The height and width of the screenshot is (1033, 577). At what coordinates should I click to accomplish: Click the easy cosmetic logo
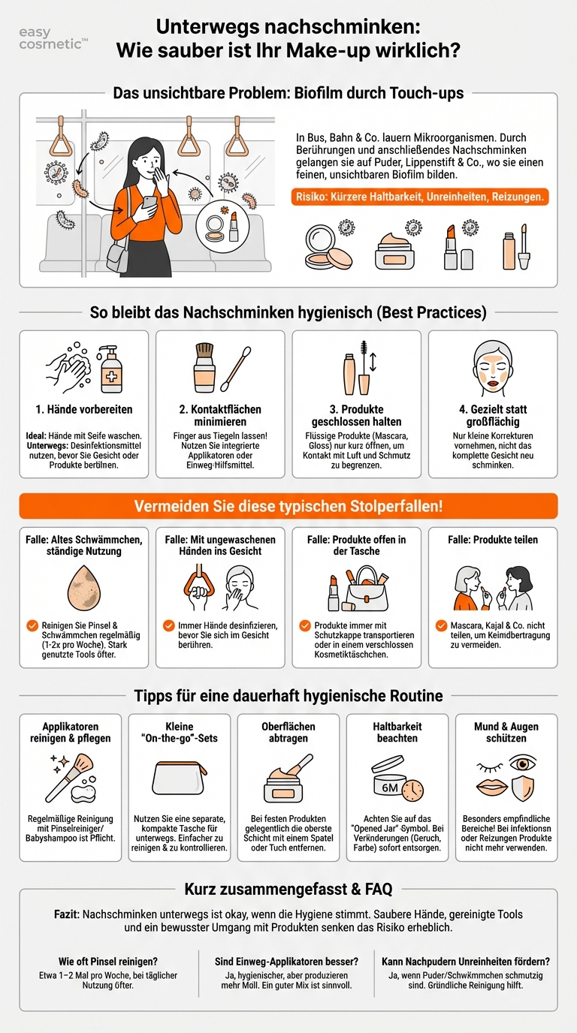coord(52,39)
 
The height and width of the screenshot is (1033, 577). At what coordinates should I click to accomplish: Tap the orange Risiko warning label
coord(419,197)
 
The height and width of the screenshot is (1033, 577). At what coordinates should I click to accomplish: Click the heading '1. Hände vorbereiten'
coord(83,410)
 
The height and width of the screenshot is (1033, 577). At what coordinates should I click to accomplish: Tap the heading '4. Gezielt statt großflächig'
coord(493,415)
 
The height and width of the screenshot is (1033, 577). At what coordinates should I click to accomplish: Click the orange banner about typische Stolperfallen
coord(288,506)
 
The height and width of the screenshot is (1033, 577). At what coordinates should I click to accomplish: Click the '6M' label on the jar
coord(390,788)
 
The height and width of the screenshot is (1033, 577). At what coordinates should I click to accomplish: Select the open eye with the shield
coord(523,773)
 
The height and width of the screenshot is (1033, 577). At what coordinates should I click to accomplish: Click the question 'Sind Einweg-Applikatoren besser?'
coord(288,962)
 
